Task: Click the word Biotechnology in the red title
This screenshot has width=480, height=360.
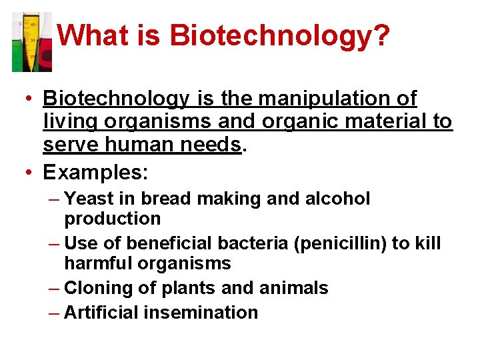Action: pyautogui.click(x=269, y=35)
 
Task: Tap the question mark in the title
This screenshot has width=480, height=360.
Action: pyautogui.click(x=381, y=35)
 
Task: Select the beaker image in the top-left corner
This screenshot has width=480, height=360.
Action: pyautogui.click(x=32, y=41)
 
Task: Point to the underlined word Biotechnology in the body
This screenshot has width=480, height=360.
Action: pyautogui.click(x=116, y=99)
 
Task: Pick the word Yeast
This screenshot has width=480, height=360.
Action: pyautogui.click(x=89, y=199)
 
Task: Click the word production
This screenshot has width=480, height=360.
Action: pyautogui.click(x=113, y=219)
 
